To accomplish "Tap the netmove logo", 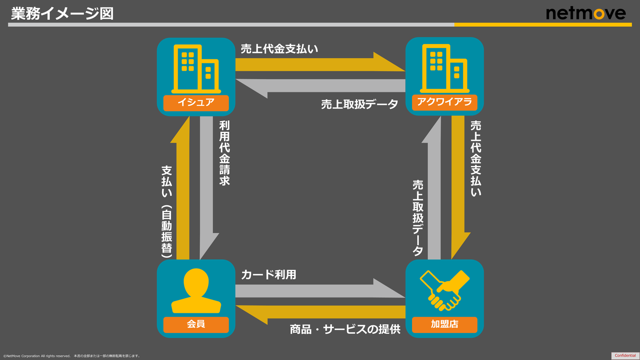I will tap(585, 13).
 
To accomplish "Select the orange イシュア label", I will tap(196, 103).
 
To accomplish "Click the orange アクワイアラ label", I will tap(444, 103).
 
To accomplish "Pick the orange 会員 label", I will tap(196, 324).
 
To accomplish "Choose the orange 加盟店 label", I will tap(444, 324).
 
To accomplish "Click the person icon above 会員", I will tap(196, 291).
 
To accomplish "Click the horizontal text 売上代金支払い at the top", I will tap(280, 49).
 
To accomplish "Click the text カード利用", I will tap(268, 274).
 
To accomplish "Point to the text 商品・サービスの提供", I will tap(345, 329).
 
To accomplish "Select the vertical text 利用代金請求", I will tap(224, 153).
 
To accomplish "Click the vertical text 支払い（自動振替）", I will tap(167, 212).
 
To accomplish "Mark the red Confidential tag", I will tap(625, 356).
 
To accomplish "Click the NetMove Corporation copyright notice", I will tap(72, 356).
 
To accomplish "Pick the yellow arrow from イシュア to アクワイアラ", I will tap(320, 64).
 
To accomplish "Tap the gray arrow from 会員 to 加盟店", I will tap(320, 291).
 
